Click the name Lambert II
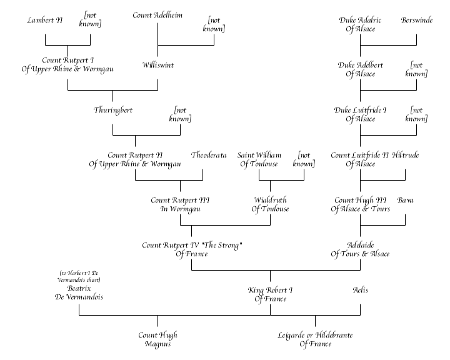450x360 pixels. (45, 20)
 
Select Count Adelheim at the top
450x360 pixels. (157, 15)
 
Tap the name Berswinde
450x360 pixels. (416, 20)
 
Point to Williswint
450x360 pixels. (157, 64)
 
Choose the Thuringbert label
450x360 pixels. (112, 110)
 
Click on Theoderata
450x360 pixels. (209, 155)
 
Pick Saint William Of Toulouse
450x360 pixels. (259, 159)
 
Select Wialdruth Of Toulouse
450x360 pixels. (270, 204)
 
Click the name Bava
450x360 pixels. (406, 200)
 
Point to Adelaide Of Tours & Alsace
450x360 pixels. (360, 249)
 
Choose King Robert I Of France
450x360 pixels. (270, 294)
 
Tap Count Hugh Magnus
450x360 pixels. (157, 339)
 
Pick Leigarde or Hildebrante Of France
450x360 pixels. (315, 339)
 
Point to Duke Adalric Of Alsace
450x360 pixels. (361, 24)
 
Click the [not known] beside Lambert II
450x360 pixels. (90, 20)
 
